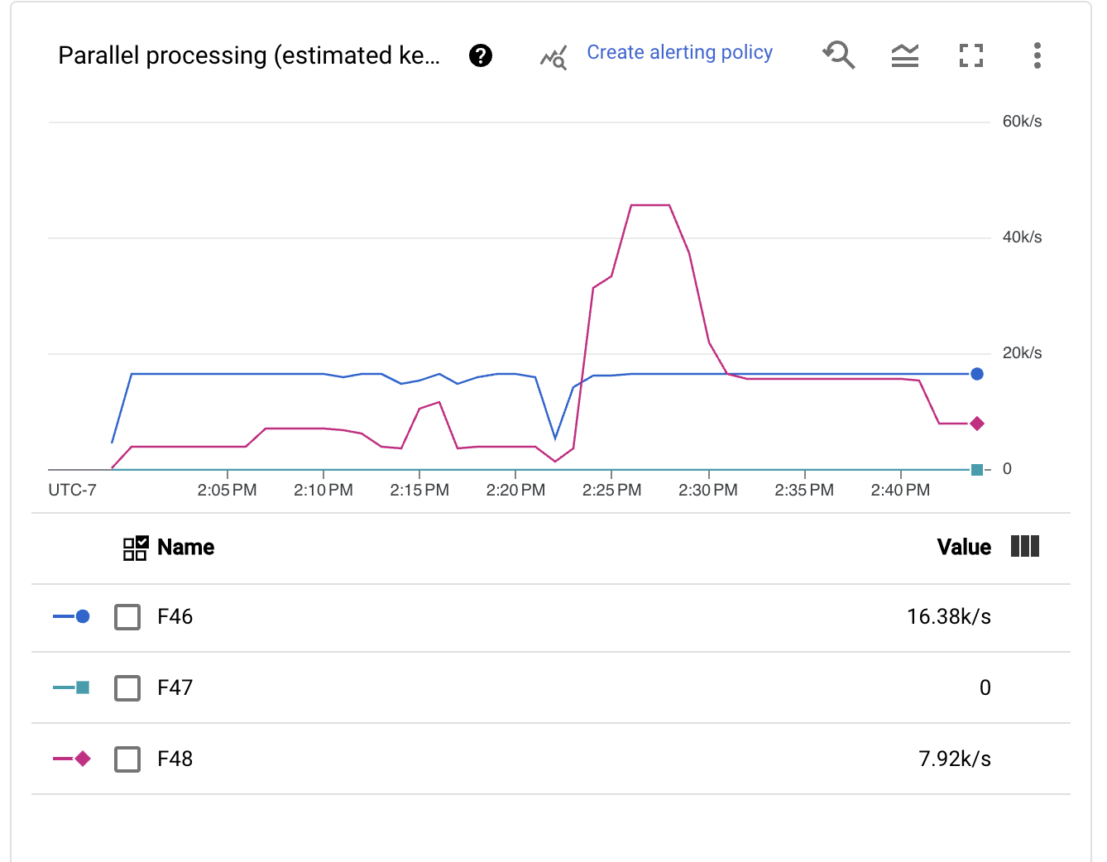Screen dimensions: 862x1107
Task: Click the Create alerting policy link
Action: pos(679,53)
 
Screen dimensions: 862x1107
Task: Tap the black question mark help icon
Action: pos(481,55)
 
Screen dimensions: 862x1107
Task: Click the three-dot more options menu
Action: pos(1037,55)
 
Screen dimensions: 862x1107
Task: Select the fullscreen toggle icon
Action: pos(971,55)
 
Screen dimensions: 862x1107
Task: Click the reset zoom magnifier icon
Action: pos(839,55)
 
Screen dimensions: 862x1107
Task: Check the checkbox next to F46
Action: pos(127,617)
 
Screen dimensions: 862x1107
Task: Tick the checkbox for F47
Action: pos(127,688)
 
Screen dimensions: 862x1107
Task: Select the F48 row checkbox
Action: pos(127,759)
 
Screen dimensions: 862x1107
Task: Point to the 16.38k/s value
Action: pos(948,617)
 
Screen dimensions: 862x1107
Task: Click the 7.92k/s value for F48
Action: pos(954,759)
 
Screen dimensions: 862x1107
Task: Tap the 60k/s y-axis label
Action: pos(1022,122)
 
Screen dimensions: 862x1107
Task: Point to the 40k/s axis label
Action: pos(1022,237)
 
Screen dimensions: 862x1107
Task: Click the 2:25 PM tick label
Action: pos(611,491)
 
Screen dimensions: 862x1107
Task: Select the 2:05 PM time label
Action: pos(227,491)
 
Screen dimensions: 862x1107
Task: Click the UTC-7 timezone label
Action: pos(72,491)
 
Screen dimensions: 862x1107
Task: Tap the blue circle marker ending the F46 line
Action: pos(977,374)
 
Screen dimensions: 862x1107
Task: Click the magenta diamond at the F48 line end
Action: pos(977,424)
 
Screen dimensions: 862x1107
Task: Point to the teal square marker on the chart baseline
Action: pos(977,470)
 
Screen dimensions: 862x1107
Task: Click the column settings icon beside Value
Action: pos(1025,546)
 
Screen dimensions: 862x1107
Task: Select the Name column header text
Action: pos(185,548)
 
